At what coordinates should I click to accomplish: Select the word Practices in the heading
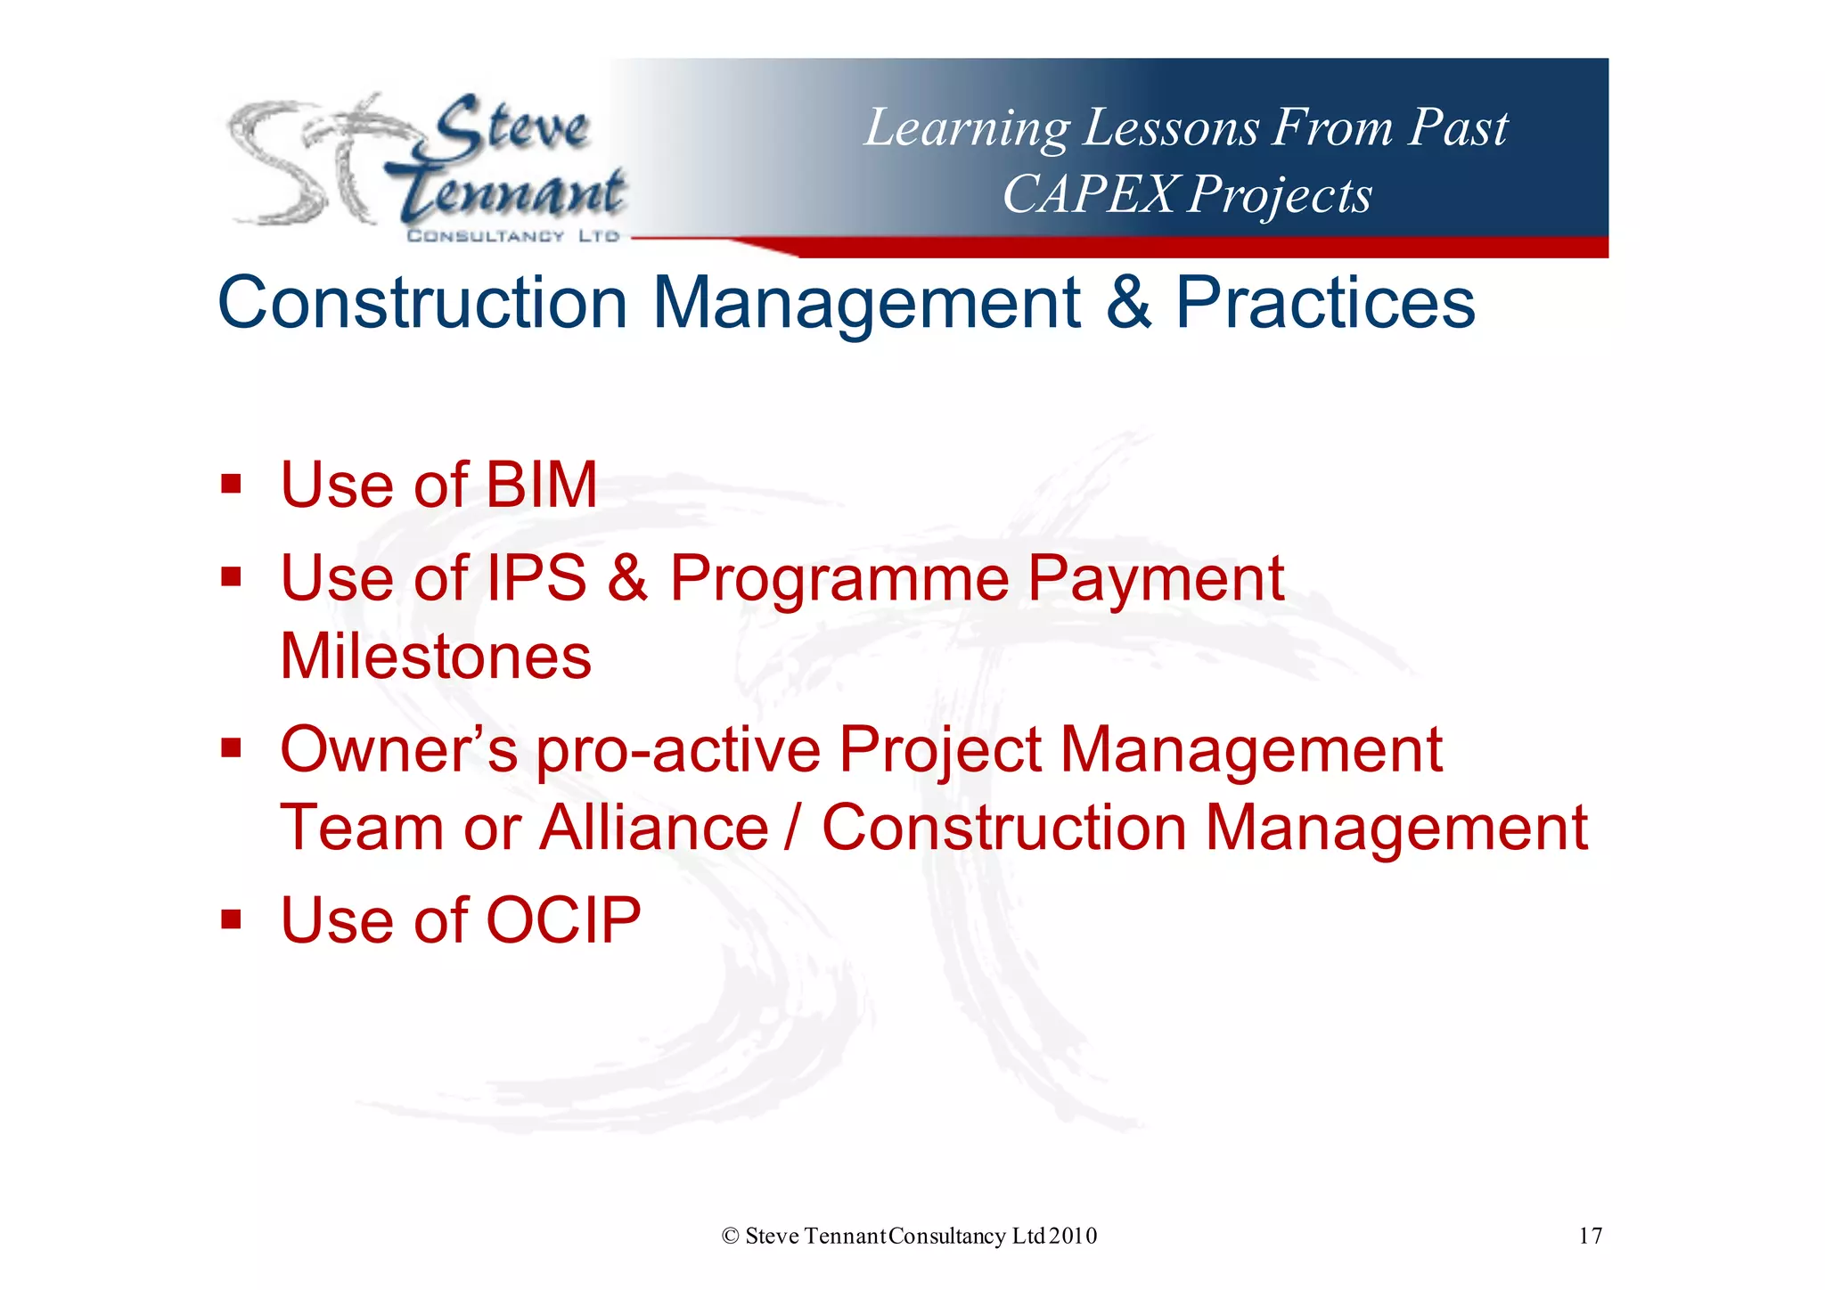pyautogui.click(x=1325, y=303)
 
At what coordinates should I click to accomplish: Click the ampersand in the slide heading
pyautogui.click(x=1128, y=303)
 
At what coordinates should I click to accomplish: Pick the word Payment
pyautogui.click(x=1155, y=580)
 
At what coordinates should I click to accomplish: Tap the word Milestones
pyautogui.click(x=436, y=657)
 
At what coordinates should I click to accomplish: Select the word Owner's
pyautogui.click(x=398, y=749)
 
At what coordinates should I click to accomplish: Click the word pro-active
pyautogui.click(x=678, y=751)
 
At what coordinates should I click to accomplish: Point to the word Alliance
pyautogui.click(x=654, y=828)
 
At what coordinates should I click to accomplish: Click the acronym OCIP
pyautogui.click(x=563, y=920)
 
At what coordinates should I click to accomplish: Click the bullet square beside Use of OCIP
pyautogui.click(x=232, y=919)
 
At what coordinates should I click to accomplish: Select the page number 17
pyautogui.click(x=1590, y=1236)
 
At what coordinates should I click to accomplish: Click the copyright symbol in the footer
pyautogui.click(x=731, y=1236)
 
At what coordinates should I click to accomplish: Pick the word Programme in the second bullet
pyautogui.click(x=839, y=580)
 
